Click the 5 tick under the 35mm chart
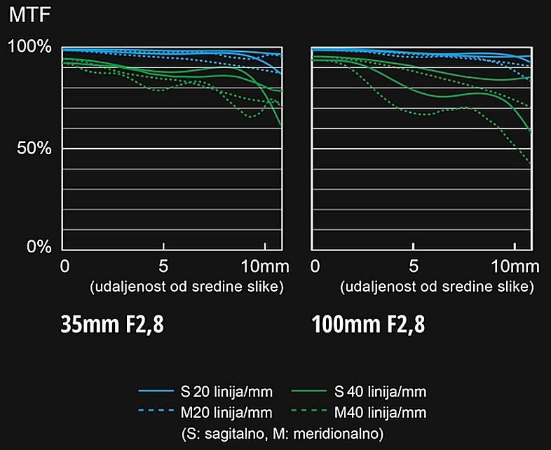click(x=163, y=266)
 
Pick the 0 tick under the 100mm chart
click(x=315, y=266)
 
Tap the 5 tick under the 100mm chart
click(x=414, y=266)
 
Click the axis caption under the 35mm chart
click(x=186, y=287)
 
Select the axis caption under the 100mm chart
click(x=437, y=287)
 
